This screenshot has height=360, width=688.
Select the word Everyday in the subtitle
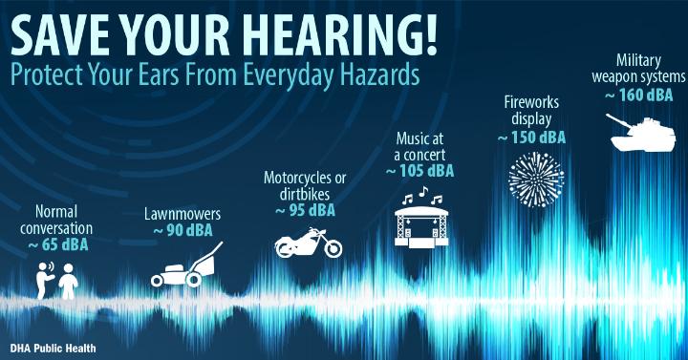coord(289,74)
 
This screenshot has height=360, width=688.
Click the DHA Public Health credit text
coord(54,349)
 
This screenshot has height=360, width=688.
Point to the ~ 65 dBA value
coord(58,245)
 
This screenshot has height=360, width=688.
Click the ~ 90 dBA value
coord(183,230)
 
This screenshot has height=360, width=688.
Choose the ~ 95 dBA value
coord(306,211)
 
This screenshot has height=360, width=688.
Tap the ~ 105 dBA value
coord(419,171)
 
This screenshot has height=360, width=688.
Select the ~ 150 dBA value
coord(532,138)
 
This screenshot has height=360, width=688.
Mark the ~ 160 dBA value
coord(639,95)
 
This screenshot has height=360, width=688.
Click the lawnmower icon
coord(187,265)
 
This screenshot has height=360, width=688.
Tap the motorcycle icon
coord(308,243)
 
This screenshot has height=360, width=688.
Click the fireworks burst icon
coord(536,180)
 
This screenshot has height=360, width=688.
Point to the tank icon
coord(641,133)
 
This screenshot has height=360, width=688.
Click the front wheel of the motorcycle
coord(333,248)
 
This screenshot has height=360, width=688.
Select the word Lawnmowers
coord(183,214)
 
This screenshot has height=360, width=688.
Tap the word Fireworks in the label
coord(531,102)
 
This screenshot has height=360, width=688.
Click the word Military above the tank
coord(638,60)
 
